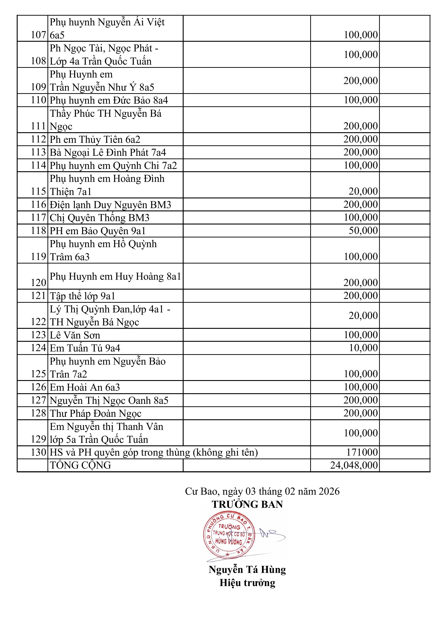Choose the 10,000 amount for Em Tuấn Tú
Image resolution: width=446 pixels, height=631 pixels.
363,348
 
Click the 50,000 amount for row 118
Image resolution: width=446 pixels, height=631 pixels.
363,231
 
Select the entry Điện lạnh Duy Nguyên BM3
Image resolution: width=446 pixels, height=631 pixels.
110,205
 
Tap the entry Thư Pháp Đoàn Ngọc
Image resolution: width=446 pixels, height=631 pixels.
95,413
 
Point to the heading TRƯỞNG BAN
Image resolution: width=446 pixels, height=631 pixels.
247,504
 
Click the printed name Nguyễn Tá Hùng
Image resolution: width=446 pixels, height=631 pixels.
247,570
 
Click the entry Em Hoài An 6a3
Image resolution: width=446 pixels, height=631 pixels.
85,387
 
